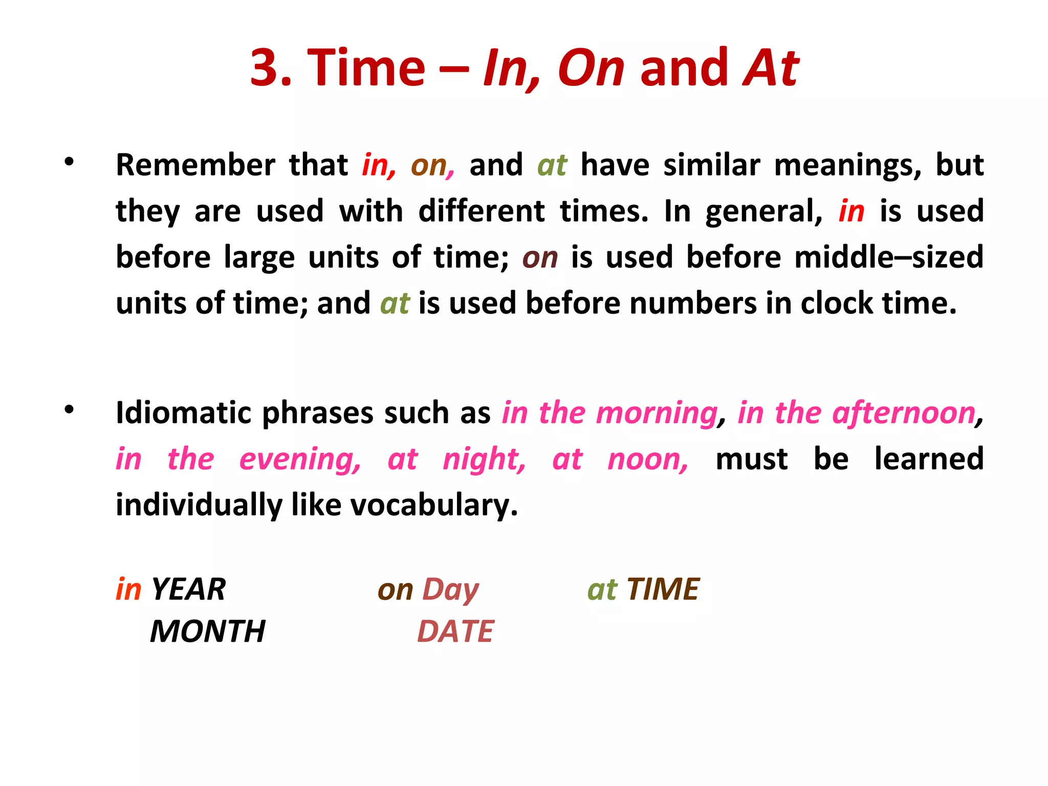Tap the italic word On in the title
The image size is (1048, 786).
pyautogui.click(x=591, y=68)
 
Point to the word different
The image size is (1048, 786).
pyautogui.click(x=482, y=211)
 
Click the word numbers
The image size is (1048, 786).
pyautogui.click(x=693, y=303)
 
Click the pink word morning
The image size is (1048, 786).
pyautogui.click(x=658, y=413)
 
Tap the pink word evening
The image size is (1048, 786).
pyautogui.click(x=299, y=460)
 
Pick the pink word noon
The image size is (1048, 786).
pyautogui.click(x=647, y=460)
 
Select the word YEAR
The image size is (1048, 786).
pyautogui.click(x=188, y=589)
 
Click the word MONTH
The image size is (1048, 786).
pyautogui.click(x=208, y=631)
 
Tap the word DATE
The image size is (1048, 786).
pyautogui.click(x=455, y=631)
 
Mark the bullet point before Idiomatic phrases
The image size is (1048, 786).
pyautogui.click(x=70, y=409)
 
